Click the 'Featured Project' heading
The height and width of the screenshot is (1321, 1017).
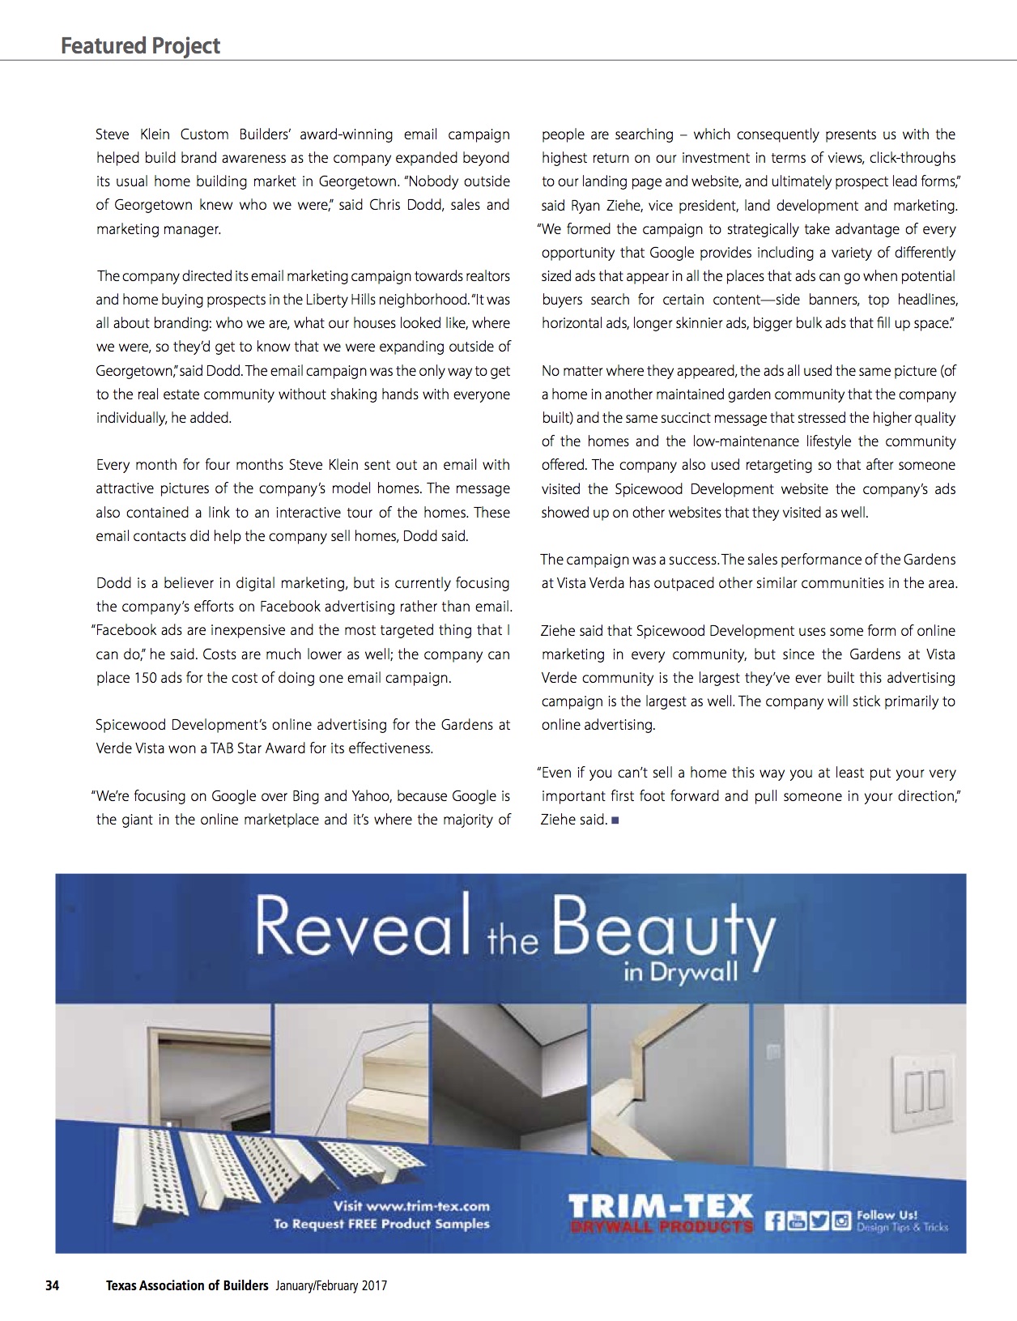point(140,45)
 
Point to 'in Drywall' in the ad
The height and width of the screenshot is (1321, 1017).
point(680,971)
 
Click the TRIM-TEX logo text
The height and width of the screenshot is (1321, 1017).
point(661,1208)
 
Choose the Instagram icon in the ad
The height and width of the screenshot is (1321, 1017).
point(840,1220)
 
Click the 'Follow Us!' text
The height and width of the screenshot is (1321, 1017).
point(887,1214)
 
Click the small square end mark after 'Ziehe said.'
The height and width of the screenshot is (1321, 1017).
point(615,820)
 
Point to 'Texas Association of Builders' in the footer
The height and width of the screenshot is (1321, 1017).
point(187,1285)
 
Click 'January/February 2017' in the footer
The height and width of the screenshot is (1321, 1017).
point(331,1285)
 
